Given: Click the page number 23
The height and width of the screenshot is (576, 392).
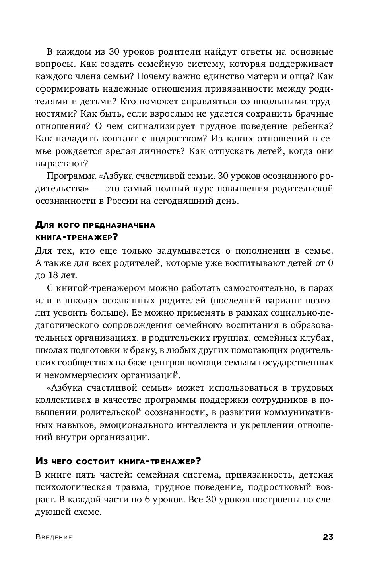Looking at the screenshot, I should [x=328, y=537].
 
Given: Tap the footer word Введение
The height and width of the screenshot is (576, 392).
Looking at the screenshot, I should [x=54, y=537].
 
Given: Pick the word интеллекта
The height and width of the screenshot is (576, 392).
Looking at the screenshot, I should [x=190, y=425].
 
